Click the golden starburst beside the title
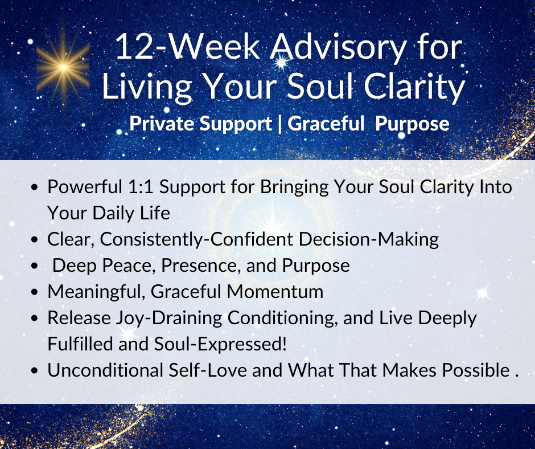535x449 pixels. click(63, 68)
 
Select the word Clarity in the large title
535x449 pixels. click(414, 87)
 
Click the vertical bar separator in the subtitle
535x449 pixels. click(280, 124)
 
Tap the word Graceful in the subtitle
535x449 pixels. click(326, 123)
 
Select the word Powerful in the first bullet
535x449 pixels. click(85, 187)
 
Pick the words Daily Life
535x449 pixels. click(131, 213)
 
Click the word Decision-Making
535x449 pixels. click(369, 239)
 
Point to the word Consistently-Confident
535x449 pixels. click(196, 239)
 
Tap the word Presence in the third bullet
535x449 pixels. click(200, 266)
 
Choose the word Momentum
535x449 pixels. click(275, 292)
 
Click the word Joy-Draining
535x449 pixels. click(169, 318)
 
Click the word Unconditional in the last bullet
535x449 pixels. click(105, 370)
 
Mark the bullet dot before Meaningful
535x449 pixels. click(34, 292)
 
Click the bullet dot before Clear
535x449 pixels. click(34, 240)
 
